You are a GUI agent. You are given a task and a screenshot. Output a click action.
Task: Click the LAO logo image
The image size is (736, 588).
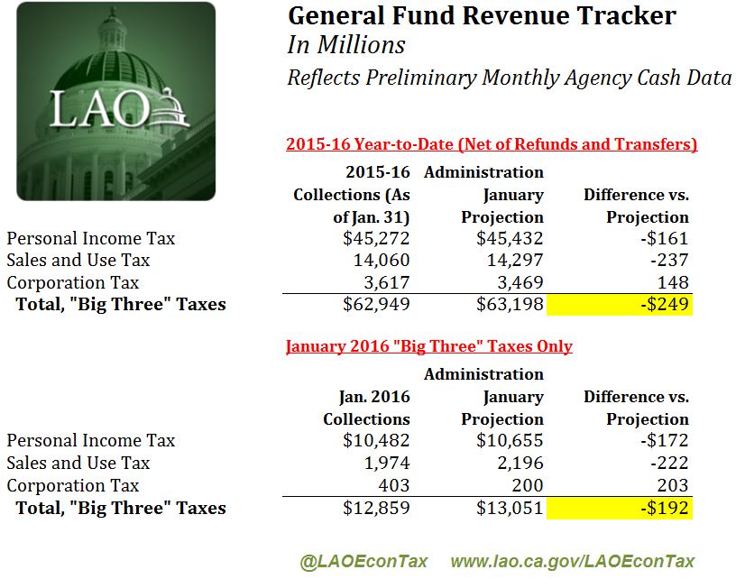tap(115, 101)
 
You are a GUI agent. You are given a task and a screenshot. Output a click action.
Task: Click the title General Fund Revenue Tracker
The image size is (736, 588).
tap(481, 16)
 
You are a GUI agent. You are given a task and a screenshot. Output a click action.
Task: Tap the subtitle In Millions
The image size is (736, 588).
tap(345, 45)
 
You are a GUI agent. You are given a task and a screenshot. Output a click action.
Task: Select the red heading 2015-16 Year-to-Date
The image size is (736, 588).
tap(492, 144)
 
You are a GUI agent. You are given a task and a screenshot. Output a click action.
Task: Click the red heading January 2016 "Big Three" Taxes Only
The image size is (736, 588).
tap(429, 346)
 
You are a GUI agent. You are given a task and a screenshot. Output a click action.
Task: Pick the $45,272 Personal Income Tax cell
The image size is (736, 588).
tap(377, 239)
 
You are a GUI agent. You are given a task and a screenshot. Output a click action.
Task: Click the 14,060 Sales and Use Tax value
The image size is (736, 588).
tap(382, 261)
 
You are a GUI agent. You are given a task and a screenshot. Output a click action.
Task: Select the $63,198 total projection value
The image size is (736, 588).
tap(510, 305)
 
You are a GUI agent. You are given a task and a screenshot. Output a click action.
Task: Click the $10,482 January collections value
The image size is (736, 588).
tap(377, 441)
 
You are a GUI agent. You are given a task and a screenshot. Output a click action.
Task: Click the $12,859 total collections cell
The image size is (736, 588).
tap(377, 508)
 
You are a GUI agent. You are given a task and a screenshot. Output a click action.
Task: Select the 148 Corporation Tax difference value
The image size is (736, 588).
tap(675, 282)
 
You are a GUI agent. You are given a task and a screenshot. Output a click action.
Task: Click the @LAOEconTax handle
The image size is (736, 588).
tap(363, 561)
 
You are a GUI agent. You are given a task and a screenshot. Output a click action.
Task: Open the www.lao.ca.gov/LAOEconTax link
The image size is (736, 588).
tap(573, 561)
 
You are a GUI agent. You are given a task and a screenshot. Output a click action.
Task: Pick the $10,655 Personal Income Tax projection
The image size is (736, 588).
tap(510, 441)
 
